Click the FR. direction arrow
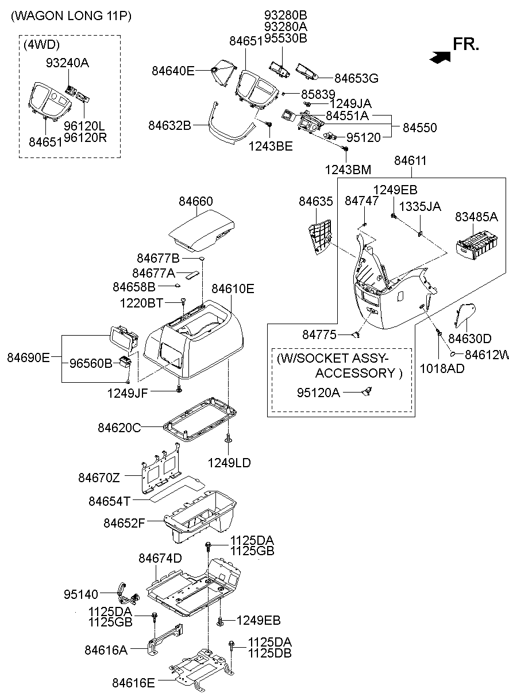pyautogui.click(x=440, y=56)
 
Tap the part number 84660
pyautogui.click(x=195, y=202)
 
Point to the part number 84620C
pyautogui.click(x=119, y=428)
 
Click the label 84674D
pyautogui.click(x=160, y=559)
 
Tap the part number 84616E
pyautogui.click(x=134, y=683)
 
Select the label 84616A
pyautogui.click(x=106, y=649)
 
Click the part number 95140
pyautogui.click(x=81, y=594)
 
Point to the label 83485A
pyautogui.click(x=476, y=217)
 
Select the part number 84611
pyautogui.click(x=410, y=161)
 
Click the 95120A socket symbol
pyautogui.click(x=366, y=392)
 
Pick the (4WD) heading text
pyautogui.click(x=41, y=44)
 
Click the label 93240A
pyautogui.click(x=67, y=63)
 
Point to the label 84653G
pyautogui.click(x=356, y=77)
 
